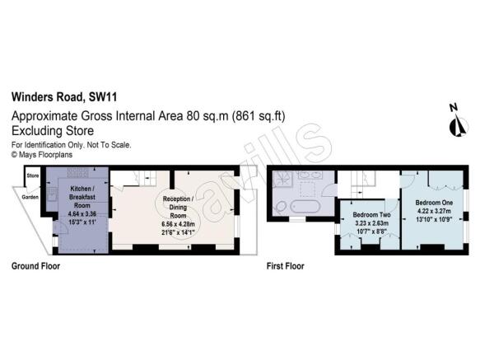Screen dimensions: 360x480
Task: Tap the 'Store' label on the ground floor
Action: pos(34,175)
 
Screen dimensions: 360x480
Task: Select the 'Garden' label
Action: pos(30,197)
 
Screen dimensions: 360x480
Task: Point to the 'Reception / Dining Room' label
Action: pos(178,206)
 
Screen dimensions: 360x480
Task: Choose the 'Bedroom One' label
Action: pos(431,203)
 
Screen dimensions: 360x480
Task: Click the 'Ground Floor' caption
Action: pos(35,266)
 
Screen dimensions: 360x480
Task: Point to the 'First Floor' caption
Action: pos(286,266)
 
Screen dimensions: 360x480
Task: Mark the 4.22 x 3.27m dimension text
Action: pos(431,212)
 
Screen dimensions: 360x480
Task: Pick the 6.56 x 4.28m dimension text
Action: pos(179,225)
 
